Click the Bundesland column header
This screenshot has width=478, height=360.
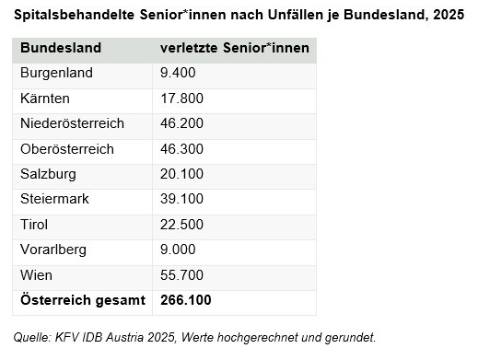61,48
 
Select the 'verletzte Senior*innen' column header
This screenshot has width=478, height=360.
235,48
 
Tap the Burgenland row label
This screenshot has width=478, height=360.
56,74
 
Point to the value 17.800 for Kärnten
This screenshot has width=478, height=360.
181,99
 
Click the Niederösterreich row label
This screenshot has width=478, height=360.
72,123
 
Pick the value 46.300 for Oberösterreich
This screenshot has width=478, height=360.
181,149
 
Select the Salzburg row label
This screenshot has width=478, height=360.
48,174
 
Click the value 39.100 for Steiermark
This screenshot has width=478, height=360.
181,199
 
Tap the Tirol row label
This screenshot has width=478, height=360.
34,225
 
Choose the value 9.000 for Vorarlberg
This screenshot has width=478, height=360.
178,250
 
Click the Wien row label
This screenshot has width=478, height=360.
36,275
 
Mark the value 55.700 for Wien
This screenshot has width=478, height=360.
181,275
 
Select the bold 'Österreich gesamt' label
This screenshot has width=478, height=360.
83,300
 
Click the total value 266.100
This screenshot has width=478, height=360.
186,300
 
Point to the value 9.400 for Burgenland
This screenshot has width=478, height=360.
178,73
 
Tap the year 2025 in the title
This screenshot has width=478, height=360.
449,15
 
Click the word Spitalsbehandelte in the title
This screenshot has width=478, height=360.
74,15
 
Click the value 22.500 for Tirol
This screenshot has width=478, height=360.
181,225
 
